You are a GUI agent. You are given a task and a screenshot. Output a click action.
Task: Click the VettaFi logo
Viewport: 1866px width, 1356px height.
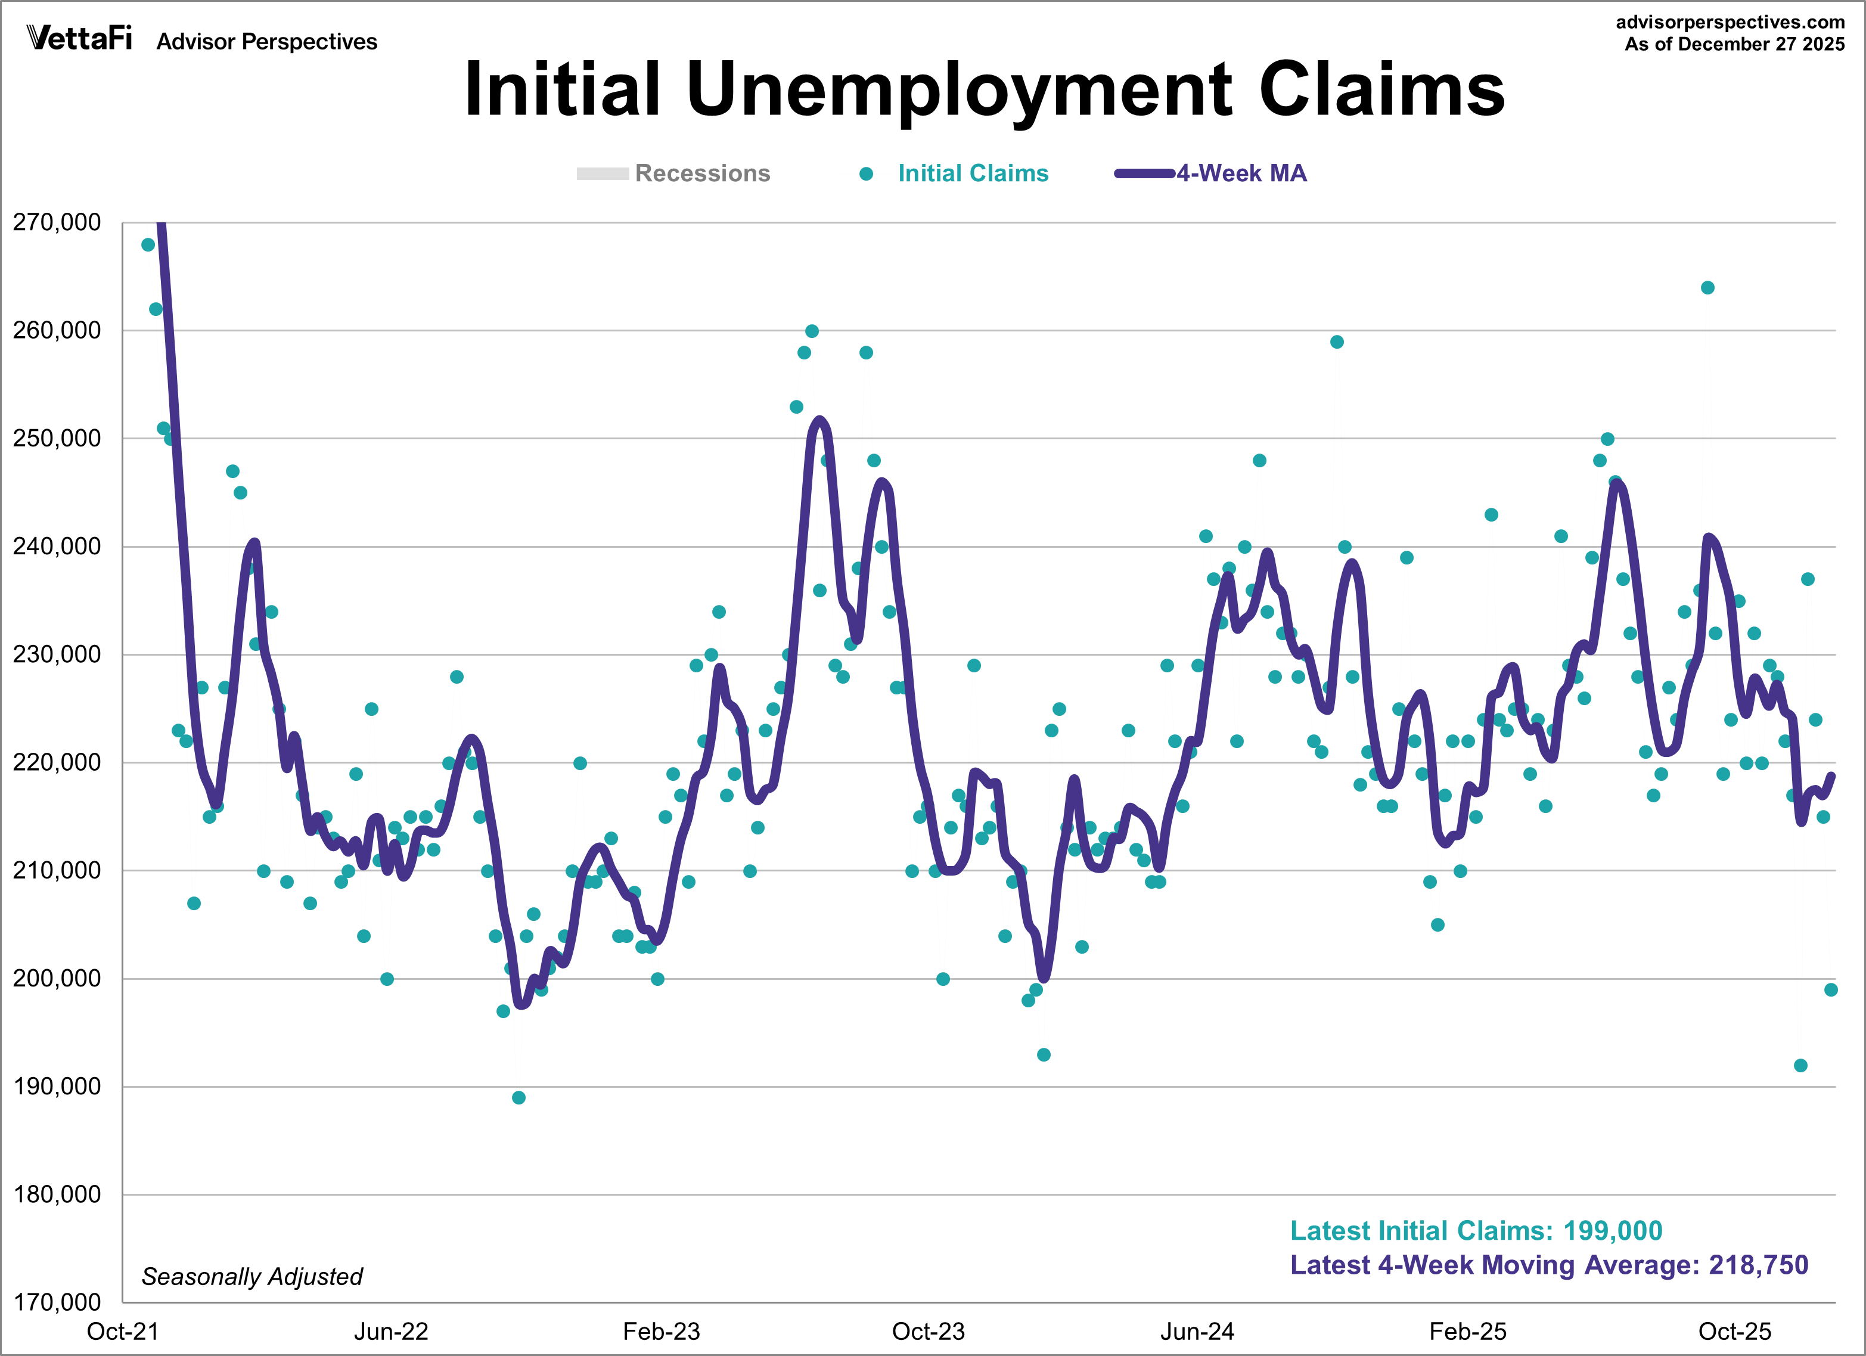[79, 38]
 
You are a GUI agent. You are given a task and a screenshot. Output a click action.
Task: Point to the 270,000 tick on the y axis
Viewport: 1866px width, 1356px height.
[57, 222]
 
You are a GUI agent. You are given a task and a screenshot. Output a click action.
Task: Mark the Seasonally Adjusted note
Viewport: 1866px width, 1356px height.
[252, 1276]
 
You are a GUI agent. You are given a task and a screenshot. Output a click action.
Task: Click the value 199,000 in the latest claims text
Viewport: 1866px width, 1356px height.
[1613, 1230]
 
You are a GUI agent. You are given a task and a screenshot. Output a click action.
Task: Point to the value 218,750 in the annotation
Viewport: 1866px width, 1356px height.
[1758, 1265]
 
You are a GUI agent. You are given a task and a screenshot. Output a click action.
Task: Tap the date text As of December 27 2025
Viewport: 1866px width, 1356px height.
[1734, 45]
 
